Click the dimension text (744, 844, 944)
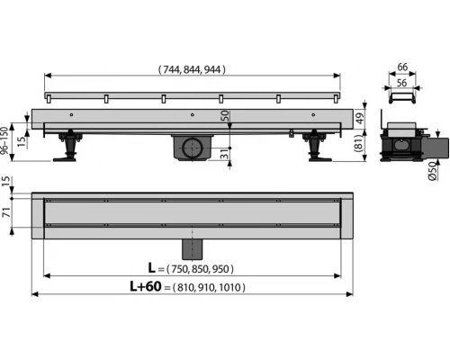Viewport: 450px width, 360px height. [x=192, y=69]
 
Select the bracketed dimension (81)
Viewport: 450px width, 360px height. [x=359, y=143]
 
